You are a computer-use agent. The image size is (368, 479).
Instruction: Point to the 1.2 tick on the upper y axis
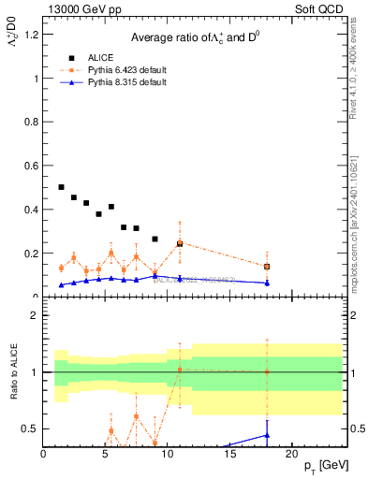click(32, 35)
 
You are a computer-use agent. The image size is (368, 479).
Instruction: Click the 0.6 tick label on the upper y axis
click(32, 166)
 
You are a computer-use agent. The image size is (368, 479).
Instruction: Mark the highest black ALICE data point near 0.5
click(62, 187)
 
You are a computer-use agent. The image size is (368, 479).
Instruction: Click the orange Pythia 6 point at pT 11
click(180, 242)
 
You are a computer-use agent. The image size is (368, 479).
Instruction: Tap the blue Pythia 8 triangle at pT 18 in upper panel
click(267, 283)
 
